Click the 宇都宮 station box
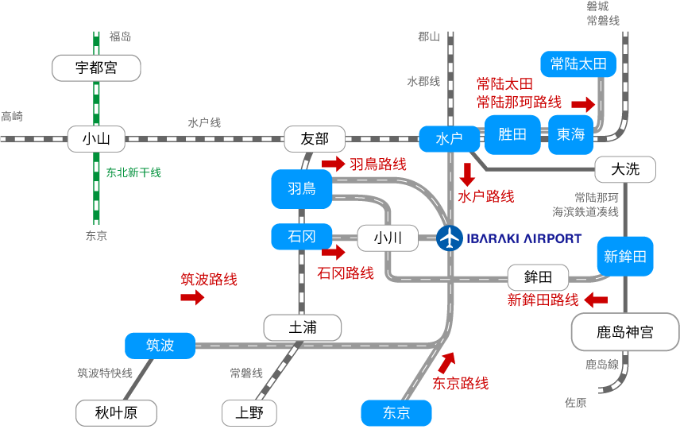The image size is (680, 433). [96, 68]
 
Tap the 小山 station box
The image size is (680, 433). [96, 140]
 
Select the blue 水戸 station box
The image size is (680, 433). [449, 138]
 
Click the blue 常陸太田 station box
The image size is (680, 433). [578, 64]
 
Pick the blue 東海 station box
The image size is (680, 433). [570, 134]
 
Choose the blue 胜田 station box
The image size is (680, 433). [512, 134]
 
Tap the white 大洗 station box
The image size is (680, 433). [625, 168]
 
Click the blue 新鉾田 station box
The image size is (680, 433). [625, 256]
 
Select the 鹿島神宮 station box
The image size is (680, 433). [625, 331]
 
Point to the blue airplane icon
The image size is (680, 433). [450, 238]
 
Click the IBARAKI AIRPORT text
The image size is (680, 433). [524, 238]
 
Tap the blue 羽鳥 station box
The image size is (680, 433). [301, 188]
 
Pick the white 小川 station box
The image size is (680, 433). [388, 238]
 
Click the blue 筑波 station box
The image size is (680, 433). [160, 345]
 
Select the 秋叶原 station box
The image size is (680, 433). [116, 412]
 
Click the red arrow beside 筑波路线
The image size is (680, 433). [192, 297]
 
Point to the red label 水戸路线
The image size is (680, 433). [486, 195]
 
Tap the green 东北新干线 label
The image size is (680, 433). [133, 172]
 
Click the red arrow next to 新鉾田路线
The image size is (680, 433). [596, 300]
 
